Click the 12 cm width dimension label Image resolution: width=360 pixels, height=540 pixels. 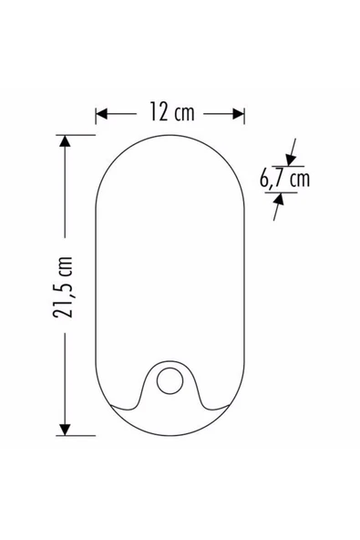tap(171, 111)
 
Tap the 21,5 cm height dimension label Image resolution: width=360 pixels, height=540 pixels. tap(63, 286)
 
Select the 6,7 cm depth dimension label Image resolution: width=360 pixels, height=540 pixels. tap(284, 180)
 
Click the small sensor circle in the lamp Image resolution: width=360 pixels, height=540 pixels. tap(170, 381)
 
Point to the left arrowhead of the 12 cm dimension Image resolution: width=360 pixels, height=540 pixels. tap(101, 114)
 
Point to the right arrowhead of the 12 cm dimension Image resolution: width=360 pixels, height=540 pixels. tap(239, 114)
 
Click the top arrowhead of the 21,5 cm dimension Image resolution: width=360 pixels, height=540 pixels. tap(65, 141)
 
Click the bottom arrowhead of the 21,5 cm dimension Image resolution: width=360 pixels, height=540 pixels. tap(65, 430)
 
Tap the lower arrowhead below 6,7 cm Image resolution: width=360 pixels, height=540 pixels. tap(279, 199)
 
